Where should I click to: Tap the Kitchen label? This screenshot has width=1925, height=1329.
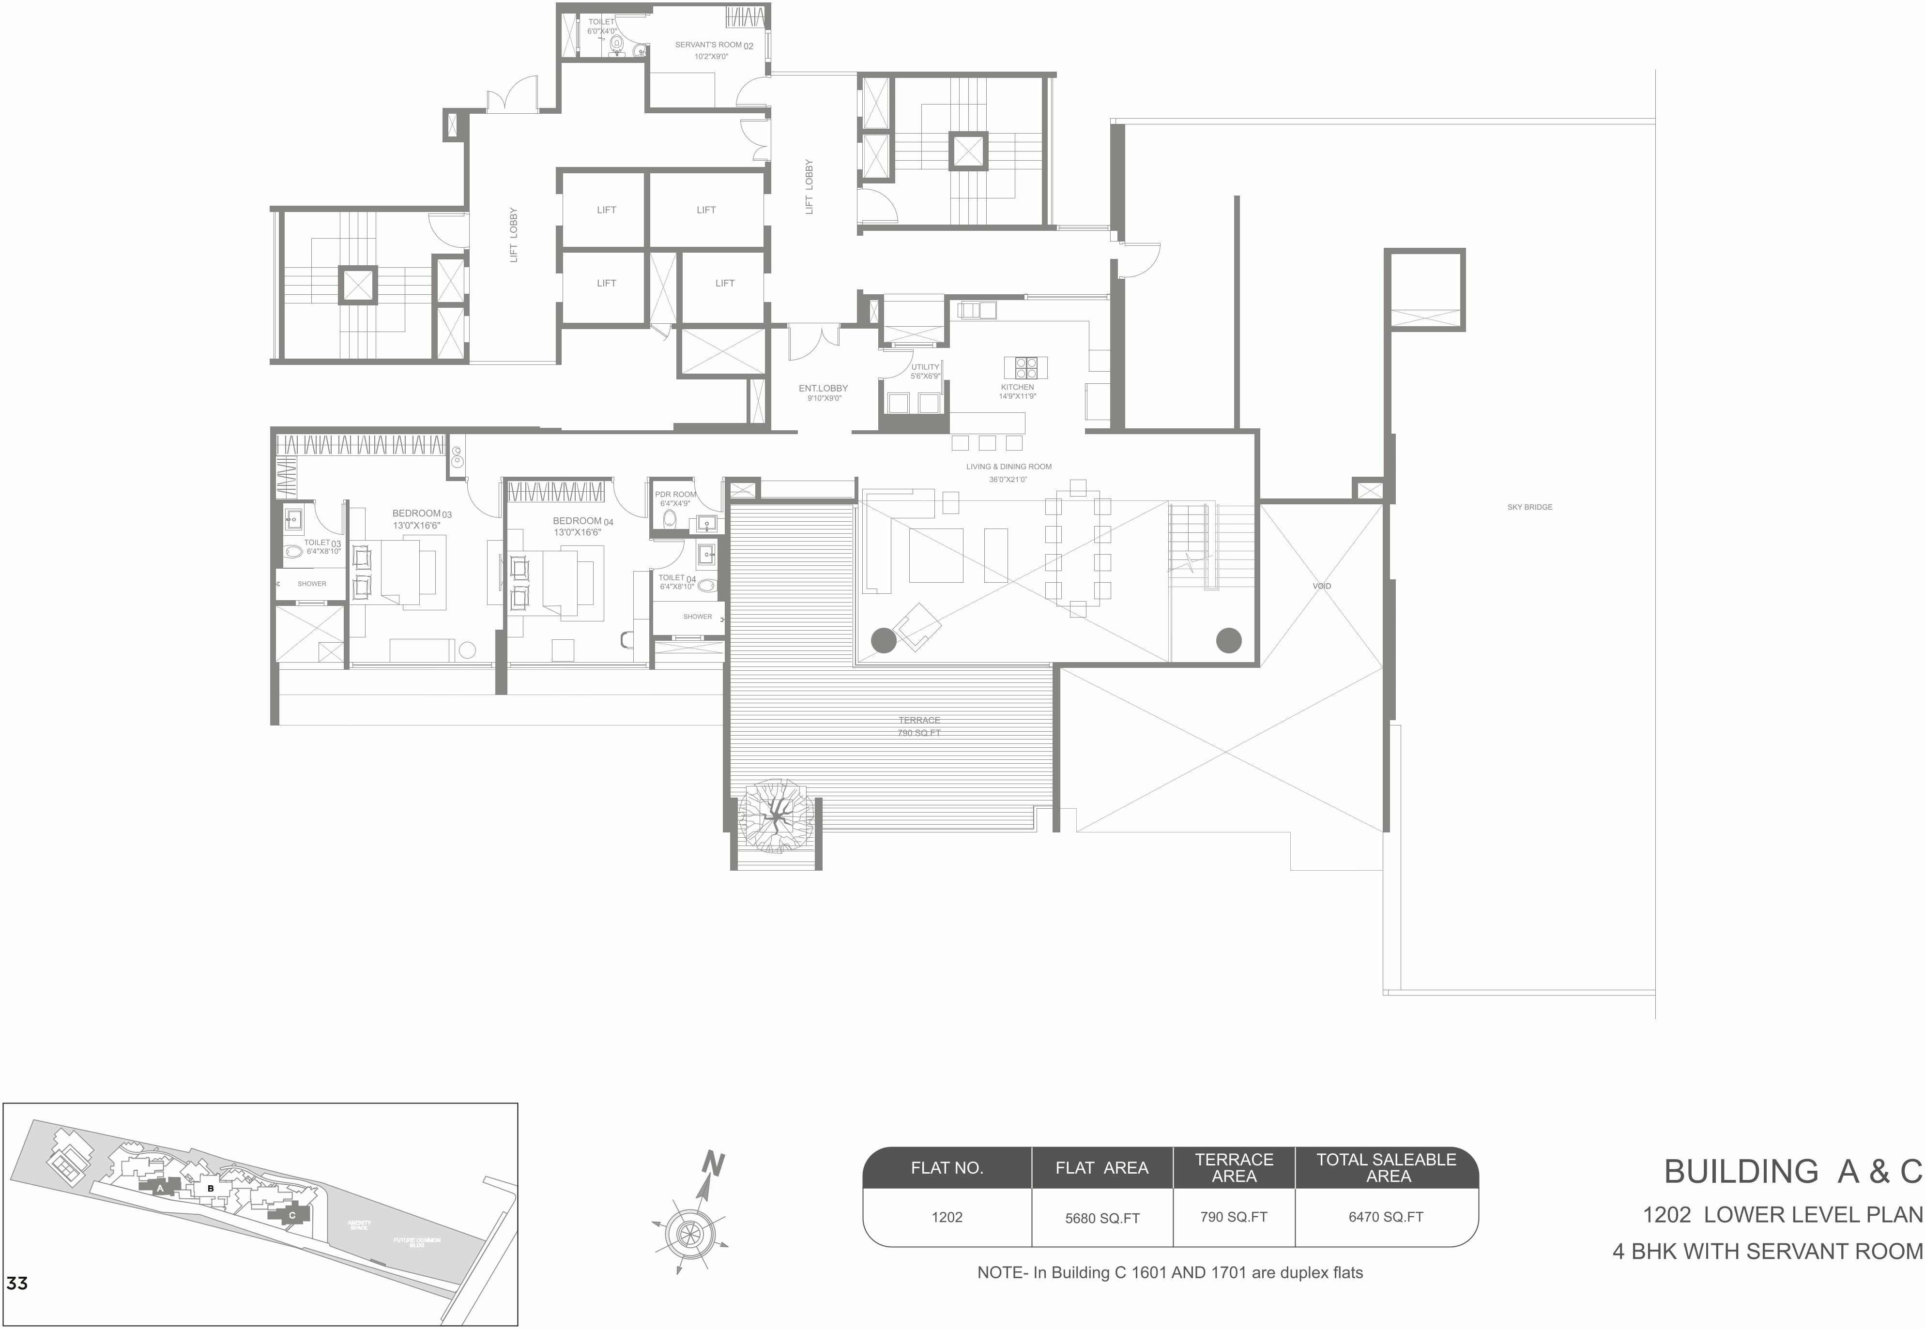[x=1017, y=387]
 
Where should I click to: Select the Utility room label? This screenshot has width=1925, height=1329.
[x=925, y=367]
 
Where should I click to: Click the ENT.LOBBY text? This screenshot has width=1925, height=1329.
[x=823, y=389]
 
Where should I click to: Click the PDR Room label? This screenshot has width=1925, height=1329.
[x=675, y=495]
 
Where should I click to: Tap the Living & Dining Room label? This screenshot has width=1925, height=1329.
[x=1008, y=467]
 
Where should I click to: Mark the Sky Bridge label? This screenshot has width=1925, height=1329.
[x=1529, y=507]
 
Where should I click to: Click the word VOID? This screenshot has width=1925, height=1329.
[x=1322, y=586]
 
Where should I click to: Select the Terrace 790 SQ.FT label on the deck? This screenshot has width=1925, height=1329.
[x=919, y=726]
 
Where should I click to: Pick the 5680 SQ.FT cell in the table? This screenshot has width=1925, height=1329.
[x=1102, y=1218]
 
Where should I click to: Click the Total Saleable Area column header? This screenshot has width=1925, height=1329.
[x=1386, y=1167]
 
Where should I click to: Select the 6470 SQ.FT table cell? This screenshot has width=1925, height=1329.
[x=1386, y=1217]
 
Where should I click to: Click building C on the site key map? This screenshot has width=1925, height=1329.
[x=290, y=1215]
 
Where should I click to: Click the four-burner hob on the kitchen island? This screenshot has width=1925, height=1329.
[x=1025, y=367]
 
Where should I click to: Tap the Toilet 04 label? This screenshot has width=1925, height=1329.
[x=676, y=578]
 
